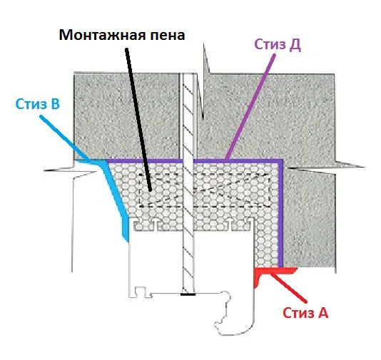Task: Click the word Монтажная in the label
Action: [102, 36]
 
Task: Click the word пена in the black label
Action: [167, 36]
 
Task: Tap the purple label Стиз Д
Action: [278, 45]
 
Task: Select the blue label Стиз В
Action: [37, 104]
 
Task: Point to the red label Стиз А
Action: [305, 313]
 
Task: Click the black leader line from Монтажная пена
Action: [138, 120]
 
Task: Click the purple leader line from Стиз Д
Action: [250, 108]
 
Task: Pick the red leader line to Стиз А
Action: [288, 288]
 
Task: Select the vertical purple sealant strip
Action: [280, 214]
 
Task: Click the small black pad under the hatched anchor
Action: [188, 294]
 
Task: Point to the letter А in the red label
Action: [322, 313]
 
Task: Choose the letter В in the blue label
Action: [55, 104]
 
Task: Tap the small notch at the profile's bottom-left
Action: [140, 292]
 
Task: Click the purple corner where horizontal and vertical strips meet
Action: [280, 161]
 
